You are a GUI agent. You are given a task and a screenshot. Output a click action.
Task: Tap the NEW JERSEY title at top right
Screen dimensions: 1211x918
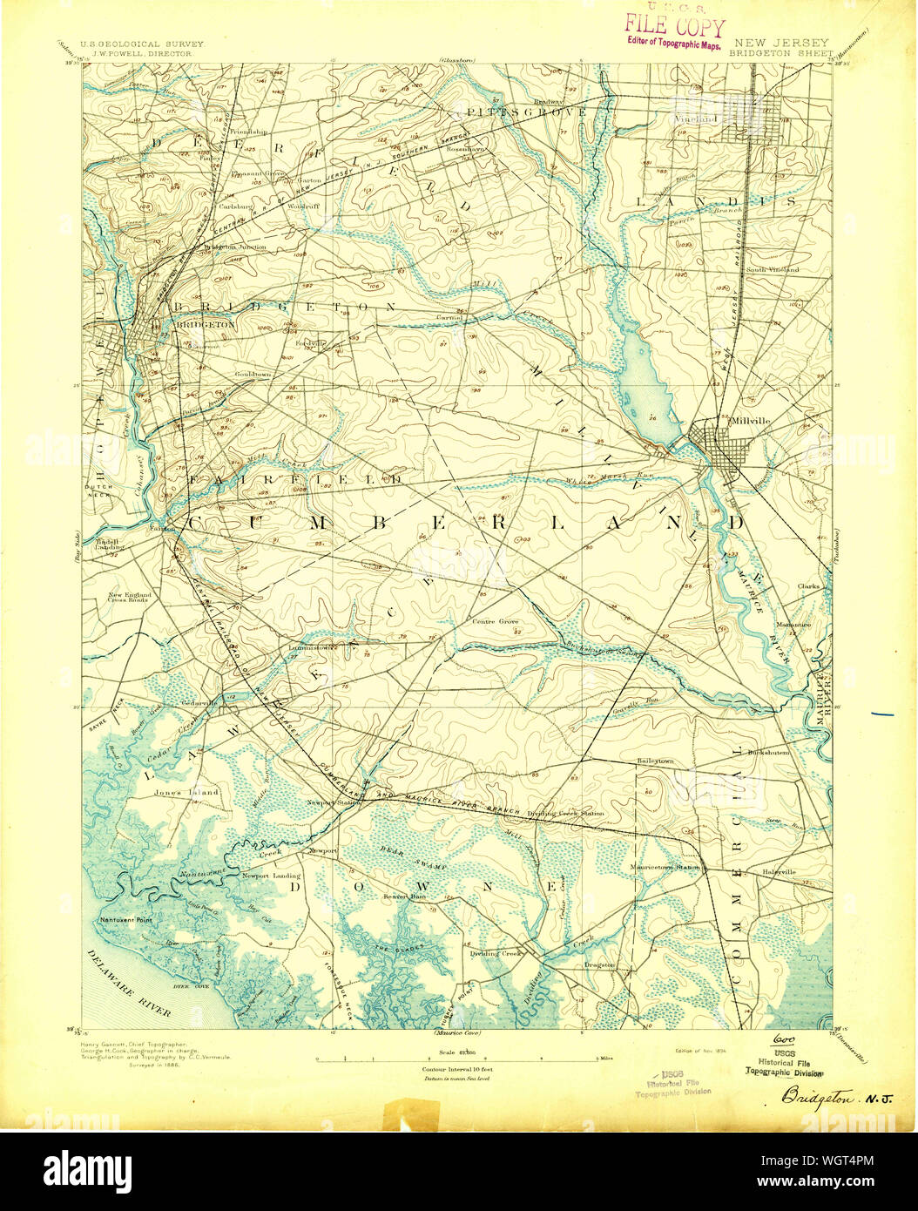coord(769,42)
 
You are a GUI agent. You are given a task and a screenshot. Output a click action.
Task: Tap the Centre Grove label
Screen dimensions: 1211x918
coord(496,622)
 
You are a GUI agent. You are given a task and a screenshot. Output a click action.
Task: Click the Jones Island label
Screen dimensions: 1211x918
coord(186,792)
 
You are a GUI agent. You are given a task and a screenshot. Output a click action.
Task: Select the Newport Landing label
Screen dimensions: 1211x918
coord(271,876)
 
